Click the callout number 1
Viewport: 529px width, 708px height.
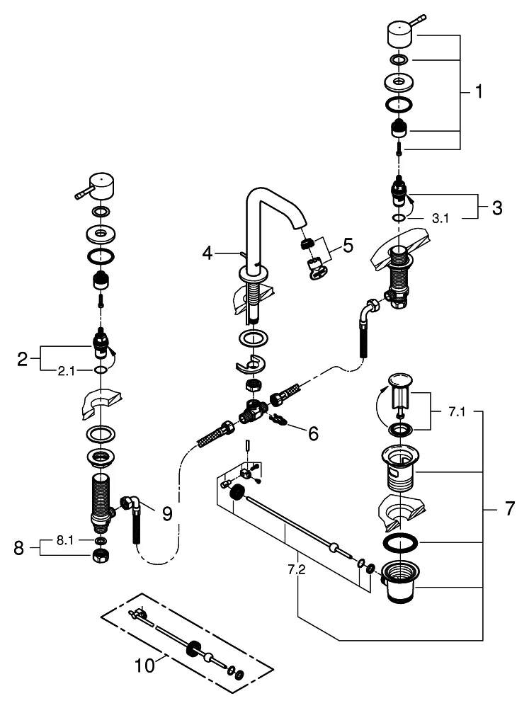coord(479,91)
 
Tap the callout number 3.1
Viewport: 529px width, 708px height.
coord(440,219)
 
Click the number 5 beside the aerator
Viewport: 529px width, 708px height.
coord(348,246)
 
